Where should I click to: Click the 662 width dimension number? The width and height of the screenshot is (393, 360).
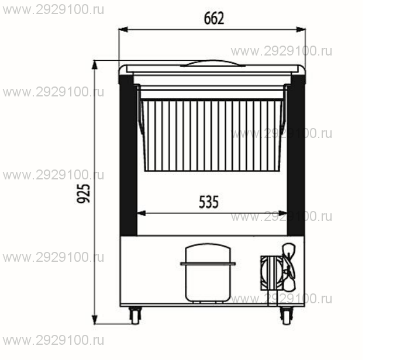pos(214,18)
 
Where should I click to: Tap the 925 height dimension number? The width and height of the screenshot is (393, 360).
pos(83,193)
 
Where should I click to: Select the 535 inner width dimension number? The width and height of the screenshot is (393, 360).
pos(209,202)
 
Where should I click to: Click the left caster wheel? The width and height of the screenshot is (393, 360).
pos(135,316)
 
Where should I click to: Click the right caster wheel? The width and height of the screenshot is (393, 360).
pos(287,316)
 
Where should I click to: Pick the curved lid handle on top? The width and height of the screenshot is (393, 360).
pos(212,63)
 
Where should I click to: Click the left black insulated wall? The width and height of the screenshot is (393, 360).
pos(128,155)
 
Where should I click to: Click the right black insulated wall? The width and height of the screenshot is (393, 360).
pos(296,155)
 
